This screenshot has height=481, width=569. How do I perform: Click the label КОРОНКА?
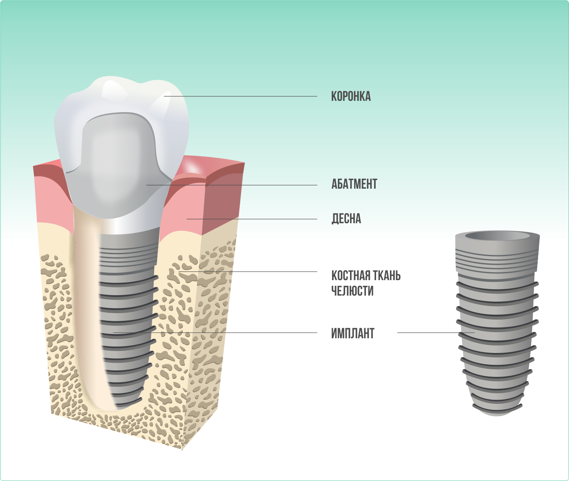point(351,96)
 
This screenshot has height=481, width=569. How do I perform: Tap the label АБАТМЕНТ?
point(354,184)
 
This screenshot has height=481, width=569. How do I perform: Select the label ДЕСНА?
point(346,219)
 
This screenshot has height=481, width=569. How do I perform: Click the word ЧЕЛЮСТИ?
point(352,291)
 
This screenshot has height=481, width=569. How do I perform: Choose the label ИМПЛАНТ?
point(352,333)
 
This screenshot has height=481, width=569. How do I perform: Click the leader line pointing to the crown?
point(240,96)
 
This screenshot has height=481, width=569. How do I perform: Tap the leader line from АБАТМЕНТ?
point(232,185)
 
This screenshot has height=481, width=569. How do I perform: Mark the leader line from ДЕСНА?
point(252,219)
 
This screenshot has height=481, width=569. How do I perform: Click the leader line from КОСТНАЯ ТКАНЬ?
point(248,272)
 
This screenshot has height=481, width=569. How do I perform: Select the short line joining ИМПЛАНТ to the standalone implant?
point(436,333)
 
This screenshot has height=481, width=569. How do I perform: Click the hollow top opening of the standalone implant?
point(497,236)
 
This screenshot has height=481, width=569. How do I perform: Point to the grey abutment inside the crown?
point(118,165)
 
